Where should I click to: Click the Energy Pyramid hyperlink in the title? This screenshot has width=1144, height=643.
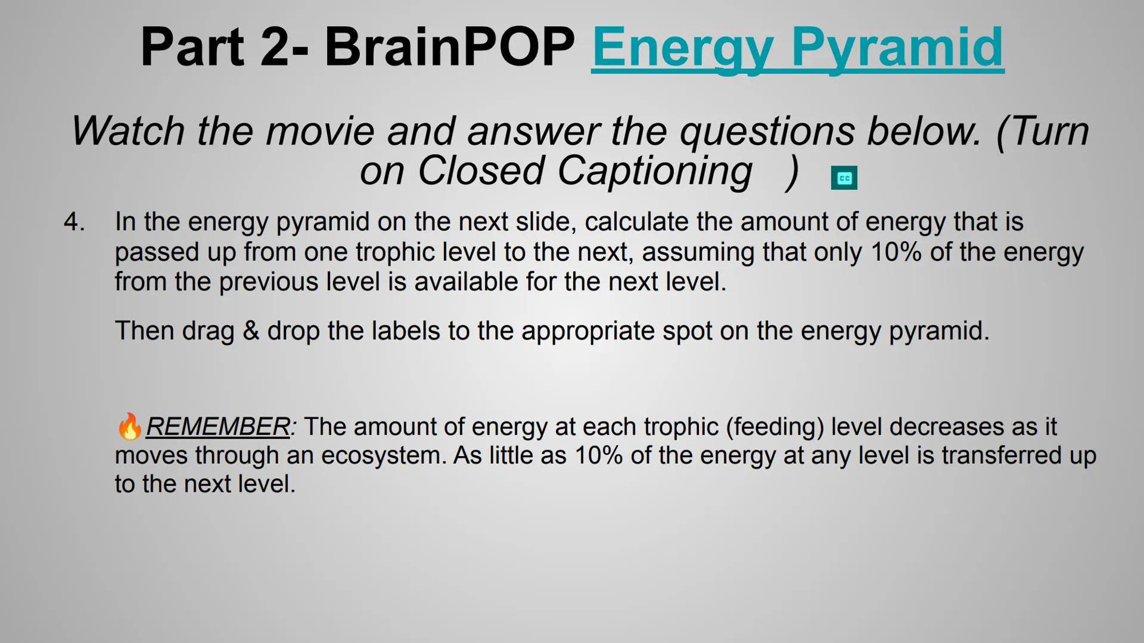(x=797, y=48)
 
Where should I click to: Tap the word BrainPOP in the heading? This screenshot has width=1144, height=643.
(x=449, y=48)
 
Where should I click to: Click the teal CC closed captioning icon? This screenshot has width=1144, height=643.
(x=844, y=178)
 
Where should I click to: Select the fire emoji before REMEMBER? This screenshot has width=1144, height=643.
(x=129, y=427)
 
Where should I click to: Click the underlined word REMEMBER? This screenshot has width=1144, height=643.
(x=217, y=427)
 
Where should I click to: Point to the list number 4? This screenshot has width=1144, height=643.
(x=74, y=222)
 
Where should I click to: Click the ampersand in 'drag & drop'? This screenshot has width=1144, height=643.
(x=251, y=331)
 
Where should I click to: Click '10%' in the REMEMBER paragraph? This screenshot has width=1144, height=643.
(x=598, y=455)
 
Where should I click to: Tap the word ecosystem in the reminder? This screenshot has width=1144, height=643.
(x=384, y=455)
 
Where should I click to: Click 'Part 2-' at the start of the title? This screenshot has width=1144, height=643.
(x=223, y=48)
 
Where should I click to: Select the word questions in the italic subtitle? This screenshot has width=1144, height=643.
(x=767, y=131)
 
